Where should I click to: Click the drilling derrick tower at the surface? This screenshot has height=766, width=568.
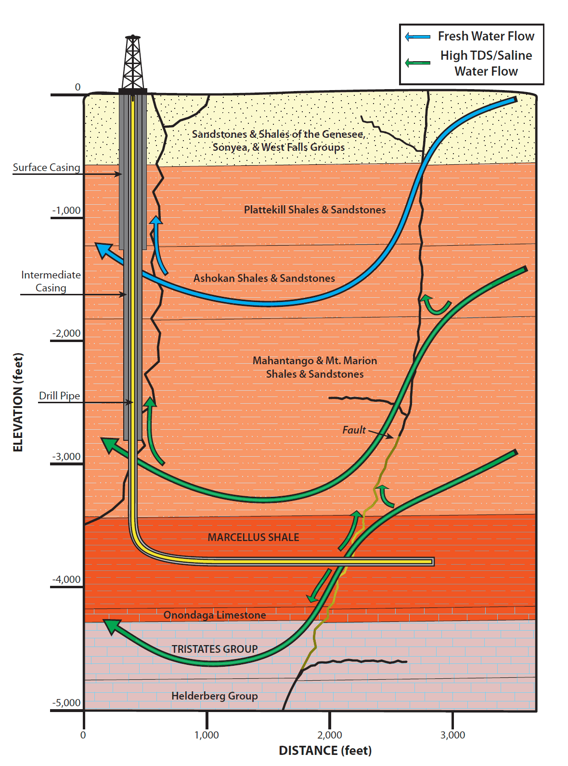tap(132, 63)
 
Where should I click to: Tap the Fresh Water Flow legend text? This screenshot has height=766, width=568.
tap(486, 36)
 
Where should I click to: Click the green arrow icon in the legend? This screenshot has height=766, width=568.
tap(417, 63)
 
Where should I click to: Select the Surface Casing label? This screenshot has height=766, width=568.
tap(46, 167)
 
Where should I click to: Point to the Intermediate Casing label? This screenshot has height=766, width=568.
tap(51, 281)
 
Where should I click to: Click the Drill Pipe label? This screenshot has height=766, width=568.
tap(59, 396)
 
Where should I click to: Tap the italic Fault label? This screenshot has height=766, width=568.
tap(354, 430)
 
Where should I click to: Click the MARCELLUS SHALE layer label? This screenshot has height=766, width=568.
tap(253, 537)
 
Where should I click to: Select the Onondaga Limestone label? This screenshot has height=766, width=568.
tap(215, 615)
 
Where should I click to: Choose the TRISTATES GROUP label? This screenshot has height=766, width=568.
tap(215, 649)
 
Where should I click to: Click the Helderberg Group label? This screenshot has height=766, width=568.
tap(215, 696)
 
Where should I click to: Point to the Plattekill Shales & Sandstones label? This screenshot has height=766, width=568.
tap(315, 210)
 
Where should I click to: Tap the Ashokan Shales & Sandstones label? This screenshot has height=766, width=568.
tap(264, 278)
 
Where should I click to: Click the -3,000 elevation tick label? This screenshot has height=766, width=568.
tap(66, 456)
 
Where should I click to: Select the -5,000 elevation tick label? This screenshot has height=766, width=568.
tap(66, 702)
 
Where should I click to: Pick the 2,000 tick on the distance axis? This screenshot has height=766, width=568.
tap(330, 735)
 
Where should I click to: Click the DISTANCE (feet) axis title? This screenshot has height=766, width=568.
tap(325, 751)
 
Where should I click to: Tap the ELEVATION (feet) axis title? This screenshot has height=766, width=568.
tap(18, 402)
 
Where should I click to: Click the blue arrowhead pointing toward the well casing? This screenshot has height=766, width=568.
tap(102, 249)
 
